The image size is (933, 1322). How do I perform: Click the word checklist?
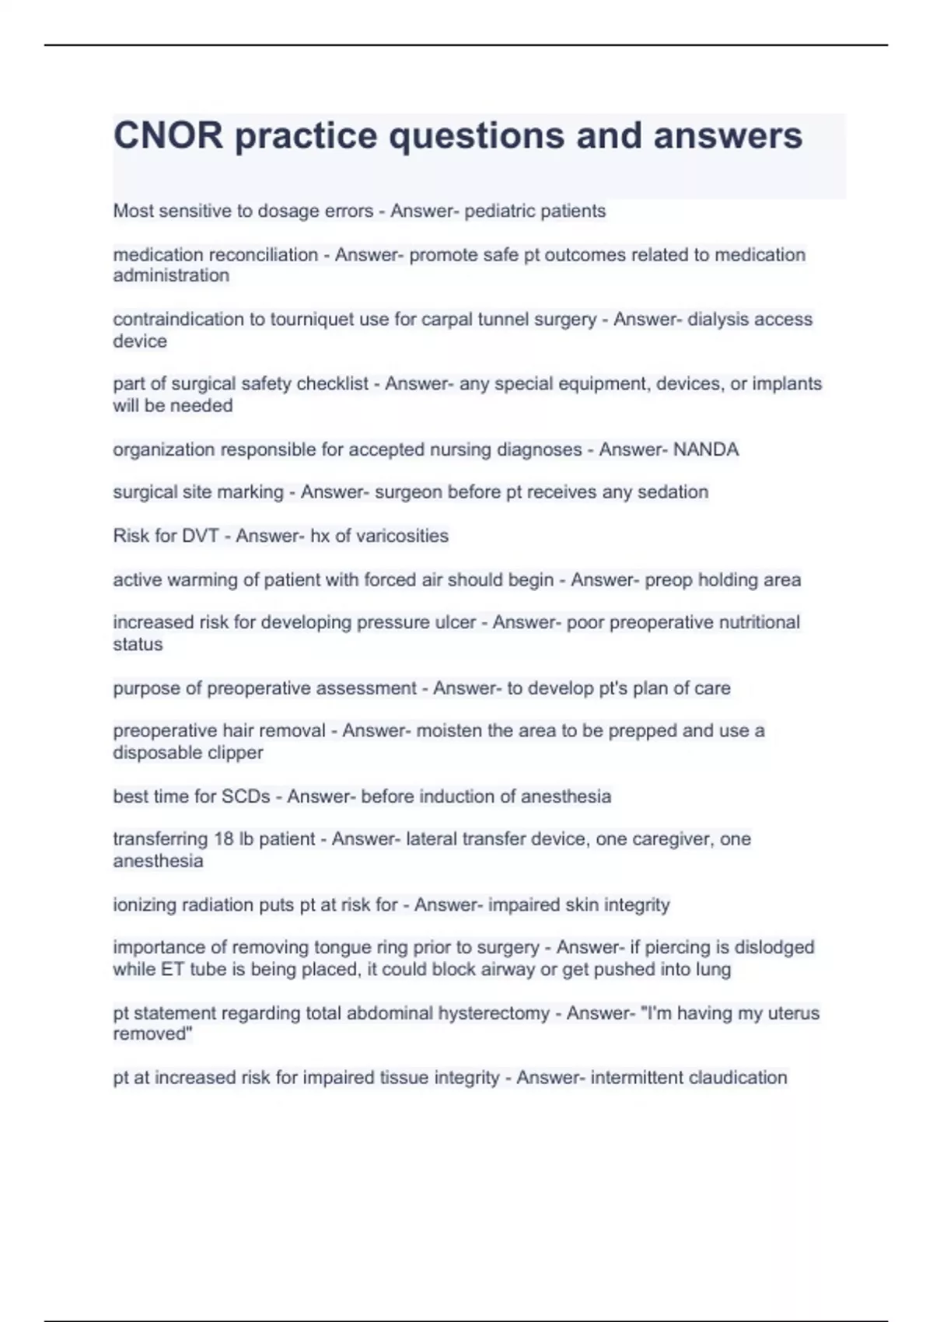click(330, 384)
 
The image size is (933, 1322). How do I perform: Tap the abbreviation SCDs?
click(246, 796)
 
